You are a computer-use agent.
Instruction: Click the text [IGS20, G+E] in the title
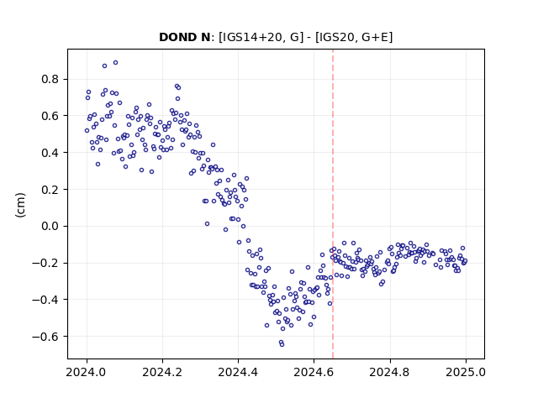(x=354, y=37)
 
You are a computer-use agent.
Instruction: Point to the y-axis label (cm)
(x=20, y=205)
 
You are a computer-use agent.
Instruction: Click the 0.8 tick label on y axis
(x=50, y=79)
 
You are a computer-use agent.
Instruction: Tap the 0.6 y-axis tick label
(x=50, y=116)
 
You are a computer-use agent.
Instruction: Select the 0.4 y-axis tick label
(x=50, y=153)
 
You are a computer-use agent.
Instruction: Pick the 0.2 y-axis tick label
(x=50, y=189)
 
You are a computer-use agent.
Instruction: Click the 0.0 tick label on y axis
(x=50, y=226)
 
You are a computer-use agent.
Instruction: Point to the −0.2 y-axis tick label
(x=45, y=263)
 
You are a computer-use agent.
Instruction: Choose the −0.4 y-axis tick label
(x=45, y=300)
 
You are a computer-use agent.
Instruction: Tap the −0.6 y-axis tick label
(x=45, y=336)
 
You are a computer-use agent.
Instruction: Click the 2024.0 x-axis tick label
(x=87, y=372)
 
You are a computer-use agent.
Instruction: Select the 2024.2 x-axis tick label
(x=162, y=372)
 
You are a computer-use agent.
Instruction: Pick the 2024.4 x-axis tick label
(x=238, y=372)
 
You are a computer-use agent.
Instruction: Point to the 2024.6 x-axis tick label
(x=314, y=372)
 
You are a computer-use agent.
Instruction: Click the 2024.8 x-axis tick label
(x=390, y=372)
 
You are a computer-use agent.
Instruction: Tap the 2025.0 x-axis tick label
(x=466, y=372)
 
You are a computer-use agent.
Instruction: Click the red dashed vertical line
(x=333, y=204)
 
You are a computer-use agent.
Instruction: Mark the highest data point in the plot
(x=116, y=63)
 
